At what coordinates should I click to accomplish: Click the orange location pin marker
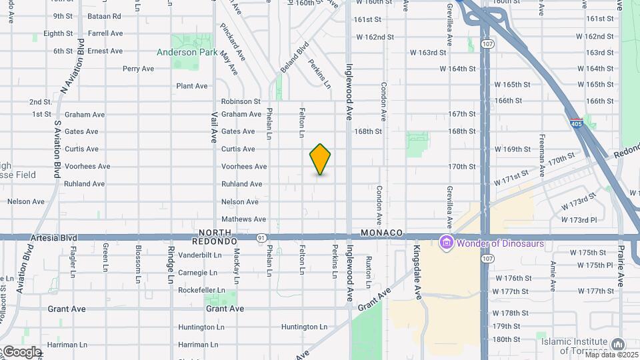(x=321, y=159)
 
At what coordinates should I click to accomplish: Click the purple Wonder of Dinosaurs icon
(x=445, y=243)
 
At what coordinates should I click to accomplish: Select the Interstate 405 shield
(x=576, y=123)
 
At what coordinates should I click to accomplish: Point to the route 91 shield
(x=261, y=237)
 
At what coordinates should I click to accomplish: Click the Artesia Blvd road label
(x=54, y=237)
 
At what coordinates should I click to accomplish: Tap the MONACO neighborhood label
(x=383, y=233)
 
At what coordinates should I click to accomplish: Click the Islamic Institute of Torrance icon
(x=617, y=345)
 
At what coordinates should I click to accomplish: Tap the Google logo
(x=21, y=351)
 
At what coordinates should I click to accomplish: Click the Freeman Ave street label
(x=542, y=163)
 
